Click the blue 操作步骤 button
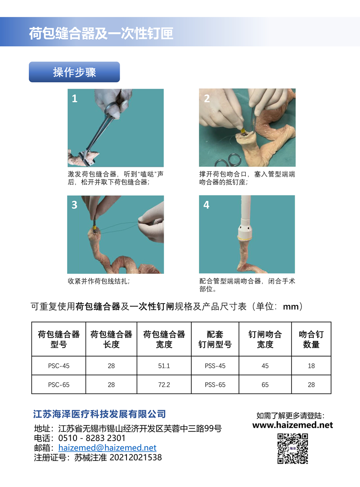pyautogui.click(x=74, y=72)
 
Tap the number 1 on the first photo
pyautogui.click(x=75, y=98)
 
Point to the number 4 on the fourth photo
pyautogui.click(x=206, y=205)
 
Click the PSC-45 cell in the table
pyautogui.click(x=59, y=366)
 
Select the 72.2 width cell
pyautogui.click(x=164, y=385)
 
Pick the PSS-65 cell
pyautogui.click(x=215, y=385)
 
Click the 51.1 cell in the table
pyautogui.click(x=164, y=366)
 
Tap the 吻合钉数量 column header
pyautogui.click(x=311, y=339)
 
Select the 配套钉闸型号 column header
pyautogui.click(x=215, y=339)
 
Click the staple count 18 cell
pyautogui.click(x=311, y=366)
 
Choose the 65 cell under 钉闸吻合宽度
pyautogui.click(x=265, y=385)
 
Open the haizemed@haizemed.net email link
pyautogui.click(x=107, y=447)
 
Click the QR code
pyautogui.click(x=292, y=449)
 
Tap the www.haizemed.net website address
pyautogui.click(x=292, y=425)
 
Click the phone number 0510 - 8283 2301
pyautogui.click(x=92, y=438)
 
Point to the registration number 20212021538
pyautogui.click(x=136, y=457)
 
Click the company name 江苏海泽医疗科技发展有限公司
pyautogui.click(x=99, y=414)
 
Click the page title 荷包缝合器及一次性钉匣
pyautogui.click(x=101, y=33)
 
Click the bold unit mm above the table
pyautogui.click(x=291, y=307)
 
